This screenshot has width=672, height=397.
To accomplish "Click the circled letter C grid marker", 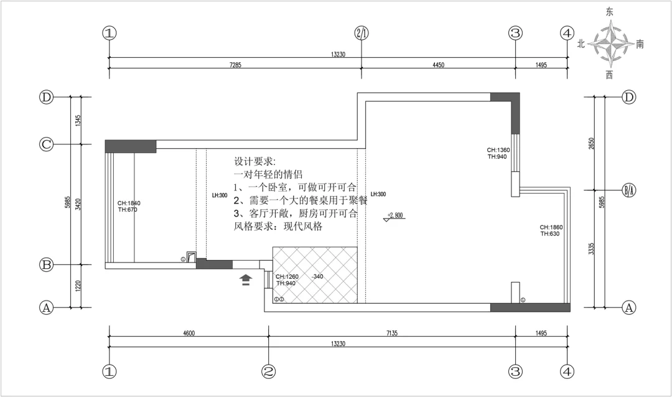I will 45,144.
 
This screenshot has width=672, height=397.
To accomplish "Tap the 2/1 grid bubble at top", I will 362,33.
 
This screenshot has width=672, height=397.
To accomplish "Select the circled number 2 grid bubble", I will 268,371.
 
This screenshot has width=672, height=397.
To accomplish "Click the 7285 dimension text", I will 235,65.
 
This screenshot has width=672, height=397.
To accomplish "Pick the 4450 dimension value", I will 437,65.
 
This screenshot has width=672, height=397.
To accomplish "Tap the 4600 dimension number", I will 189,334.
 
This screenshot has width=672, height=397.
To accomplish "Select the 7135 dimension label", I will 391,334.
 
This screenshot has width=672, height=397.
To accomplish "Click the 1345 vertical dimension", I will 78,120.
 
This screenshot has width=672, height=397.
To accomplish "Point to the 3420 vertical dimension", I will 78,203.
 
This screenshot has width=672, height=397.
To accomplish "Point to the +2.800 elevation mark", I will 395,216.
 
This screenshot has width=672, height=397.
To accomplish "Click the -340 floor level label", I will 318,276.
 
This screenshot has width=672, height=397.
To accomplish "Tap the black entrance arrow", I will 246,279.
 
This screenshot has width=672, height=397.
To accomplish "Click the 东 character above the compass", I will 610,12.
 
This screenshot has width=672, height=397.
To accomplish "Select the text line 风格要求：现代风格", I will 278,227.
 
